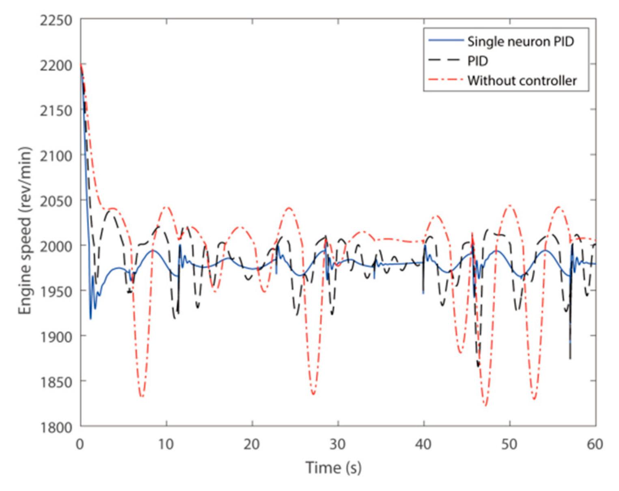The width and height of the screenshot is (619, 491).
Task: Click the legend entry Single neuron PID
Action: pos(520,41)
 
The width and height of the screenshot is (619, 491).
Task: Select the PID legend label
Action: pos(477,61)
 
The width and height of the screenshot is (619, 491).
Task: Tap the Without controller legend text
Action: pos(522,80)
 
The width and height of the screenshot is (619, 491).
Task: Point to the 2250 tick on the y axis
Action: pos(56,20)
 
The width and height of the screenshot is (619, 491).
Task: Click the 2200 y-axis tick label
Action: pos(56,65)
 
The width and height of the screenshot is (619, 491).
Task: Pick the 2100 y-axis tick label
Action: pos(56,155)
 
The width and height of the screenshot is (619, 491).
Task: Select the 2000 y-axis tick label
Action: pos(56,246)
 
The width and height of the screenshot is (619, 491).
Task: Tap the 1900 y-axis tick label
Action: pos(56,336)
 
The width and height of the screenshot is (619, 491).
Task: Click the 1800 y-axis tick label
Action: pos(56,427)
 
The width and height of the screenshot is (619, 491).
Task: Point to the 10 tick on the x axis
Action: pos(166,444)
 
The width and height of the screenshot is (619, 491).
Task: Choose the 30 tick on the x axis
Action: pos(337,444)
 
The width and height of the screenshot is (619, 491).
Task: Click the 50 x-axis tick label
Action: pos(509,444)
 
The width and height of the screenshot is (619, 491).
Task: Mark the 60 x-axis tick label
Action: pos(595,444)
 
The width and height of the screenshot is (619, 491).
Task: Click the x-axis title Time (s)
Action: pos(333,468)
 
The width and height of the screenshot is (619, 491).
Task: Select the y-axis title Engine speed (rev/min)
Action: pos(25,230)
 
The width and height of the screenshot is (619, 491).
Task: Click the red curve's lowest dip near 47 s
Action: pos(485,405)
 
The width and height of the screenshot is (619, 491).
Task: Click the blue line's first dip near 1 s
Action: pos(91,319)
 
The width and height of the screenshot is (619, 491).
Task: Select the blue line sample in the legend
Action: pos(446,41)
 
